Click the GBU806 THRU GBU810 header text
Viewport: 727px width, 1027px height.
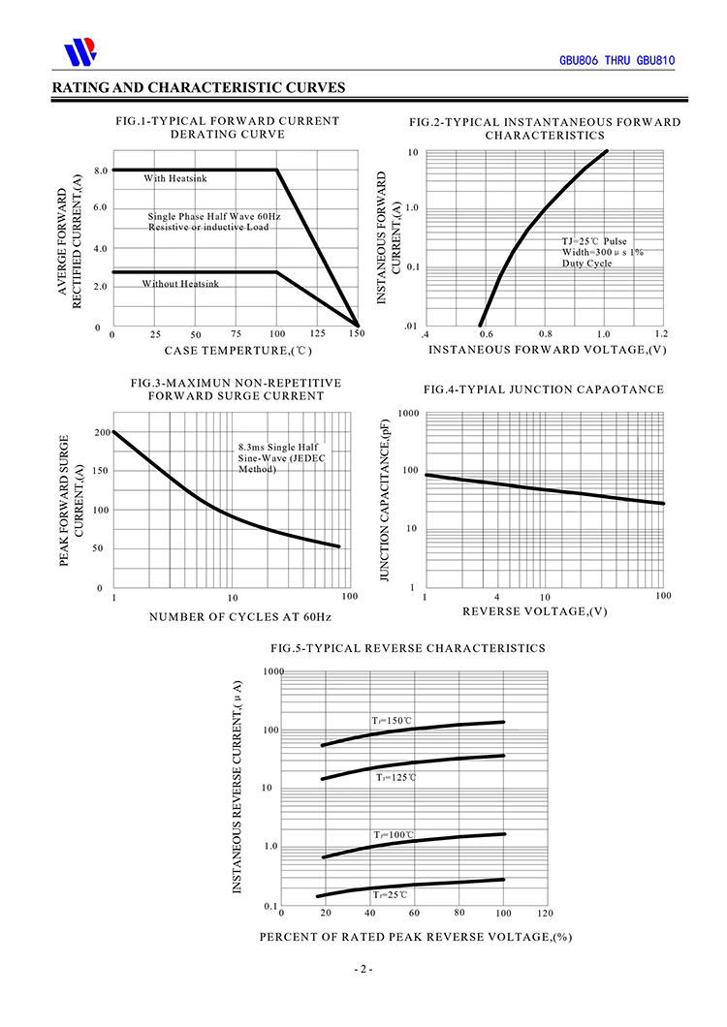tap(616, 60)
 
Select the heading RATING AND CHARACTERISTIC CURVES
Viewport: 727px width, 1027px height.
tap(199, 88)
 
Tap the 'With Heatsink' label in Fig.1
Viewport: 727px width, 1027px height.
tap(175, 178)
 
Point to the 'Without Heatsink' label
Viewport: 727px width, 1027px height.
tap(180, 284)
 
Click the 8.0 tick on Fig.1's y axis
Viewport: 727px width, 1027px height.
tap(100, 171)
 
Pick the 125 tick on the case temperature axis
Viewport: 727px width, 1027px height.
tap(317, 334)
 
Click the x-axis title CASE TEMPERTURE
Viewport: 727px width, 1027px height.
tap(237, 350)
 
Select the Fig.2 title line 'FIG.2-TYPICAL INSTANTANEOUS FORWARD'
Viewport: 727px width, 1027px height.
tap(544, 122)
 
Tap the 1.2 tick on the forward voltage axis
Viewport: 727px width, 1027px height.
tap(661, 333)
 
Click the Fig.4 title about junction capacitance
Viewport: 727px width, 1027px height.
tap(543, 389)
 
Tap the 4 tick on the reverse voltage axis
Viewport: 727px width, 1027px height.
tap(497, 596)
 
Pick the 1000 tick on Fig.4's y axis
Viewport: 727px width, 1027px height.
tap(407, 414)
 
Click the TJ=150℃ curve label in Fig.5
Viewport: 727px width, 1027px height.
tap(393, 721)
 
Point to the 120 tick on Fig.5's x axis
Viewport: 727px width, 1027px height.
tap(544, 914)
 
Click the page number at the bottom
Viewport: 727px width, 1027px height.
tap(363, 969)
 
